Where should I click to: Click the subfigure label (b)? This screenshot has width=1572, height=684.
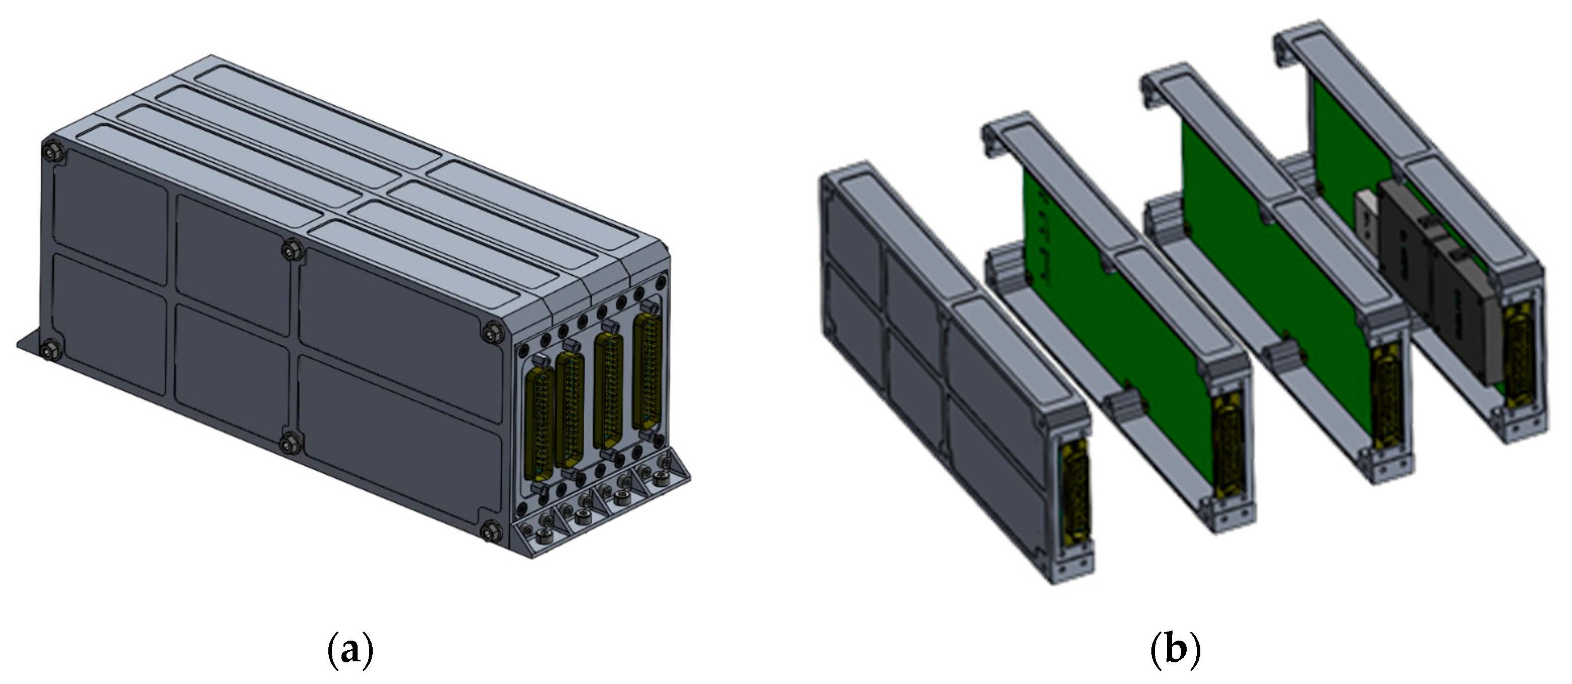(1175, 651)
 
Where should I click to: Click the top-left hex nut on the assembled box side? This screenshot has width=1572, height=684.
(50, 152)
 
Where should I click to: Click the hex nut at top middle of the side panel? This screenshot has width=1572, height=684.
(290, 249)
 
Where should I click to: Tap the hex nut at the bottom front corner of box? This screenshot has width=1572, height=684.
(489, 530)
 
